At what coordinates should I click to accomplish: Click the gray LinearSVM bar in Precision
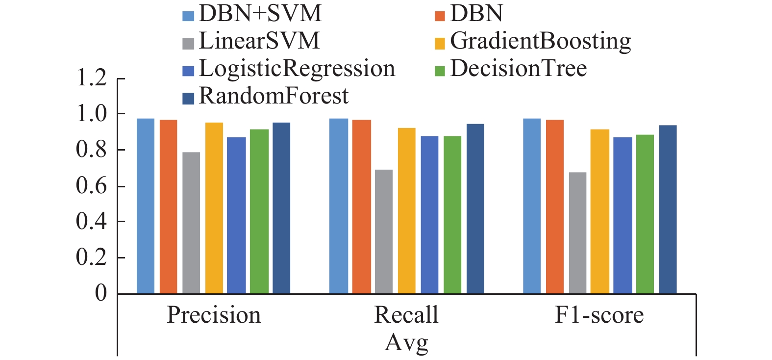(191, 223)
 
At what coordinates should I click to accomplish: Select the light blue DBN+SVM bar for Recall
(338, 206)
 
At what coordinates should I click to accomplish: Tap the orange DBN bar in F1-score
(554, 206)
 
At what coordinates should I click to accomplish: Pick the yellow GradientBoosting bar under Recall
(407, 211)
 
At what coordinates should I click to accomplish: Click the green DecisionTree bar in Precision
(259, 211)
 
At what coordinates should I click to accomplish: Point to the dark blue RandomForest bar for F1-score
(668, 209)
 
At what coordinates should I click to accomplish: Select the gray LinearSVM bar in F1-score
(577, 233)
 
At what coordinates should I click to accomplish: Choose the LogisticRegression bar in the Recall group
(429, 215)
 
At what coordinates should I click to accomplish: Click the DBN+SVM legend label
(260, 14)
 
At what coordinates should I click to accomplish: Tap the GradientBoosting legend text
(540, 42)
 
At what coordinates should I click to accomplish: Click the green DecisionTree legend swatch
(440, 70)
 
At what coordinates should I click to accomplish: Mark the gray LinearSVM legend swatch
(188, 44)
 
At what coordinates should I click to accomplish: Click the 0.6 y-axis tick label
(91, 185)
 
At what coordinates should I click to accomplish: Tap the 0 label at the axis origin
(100, 293)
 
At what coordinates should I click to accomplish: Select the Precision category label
(214, 315)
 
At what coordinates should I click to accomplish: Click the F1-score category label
(599, 315)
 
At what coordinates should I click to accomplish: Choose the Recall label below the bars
(406, 315)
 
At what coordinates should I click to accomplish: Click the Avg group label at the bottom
(406, 343)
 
